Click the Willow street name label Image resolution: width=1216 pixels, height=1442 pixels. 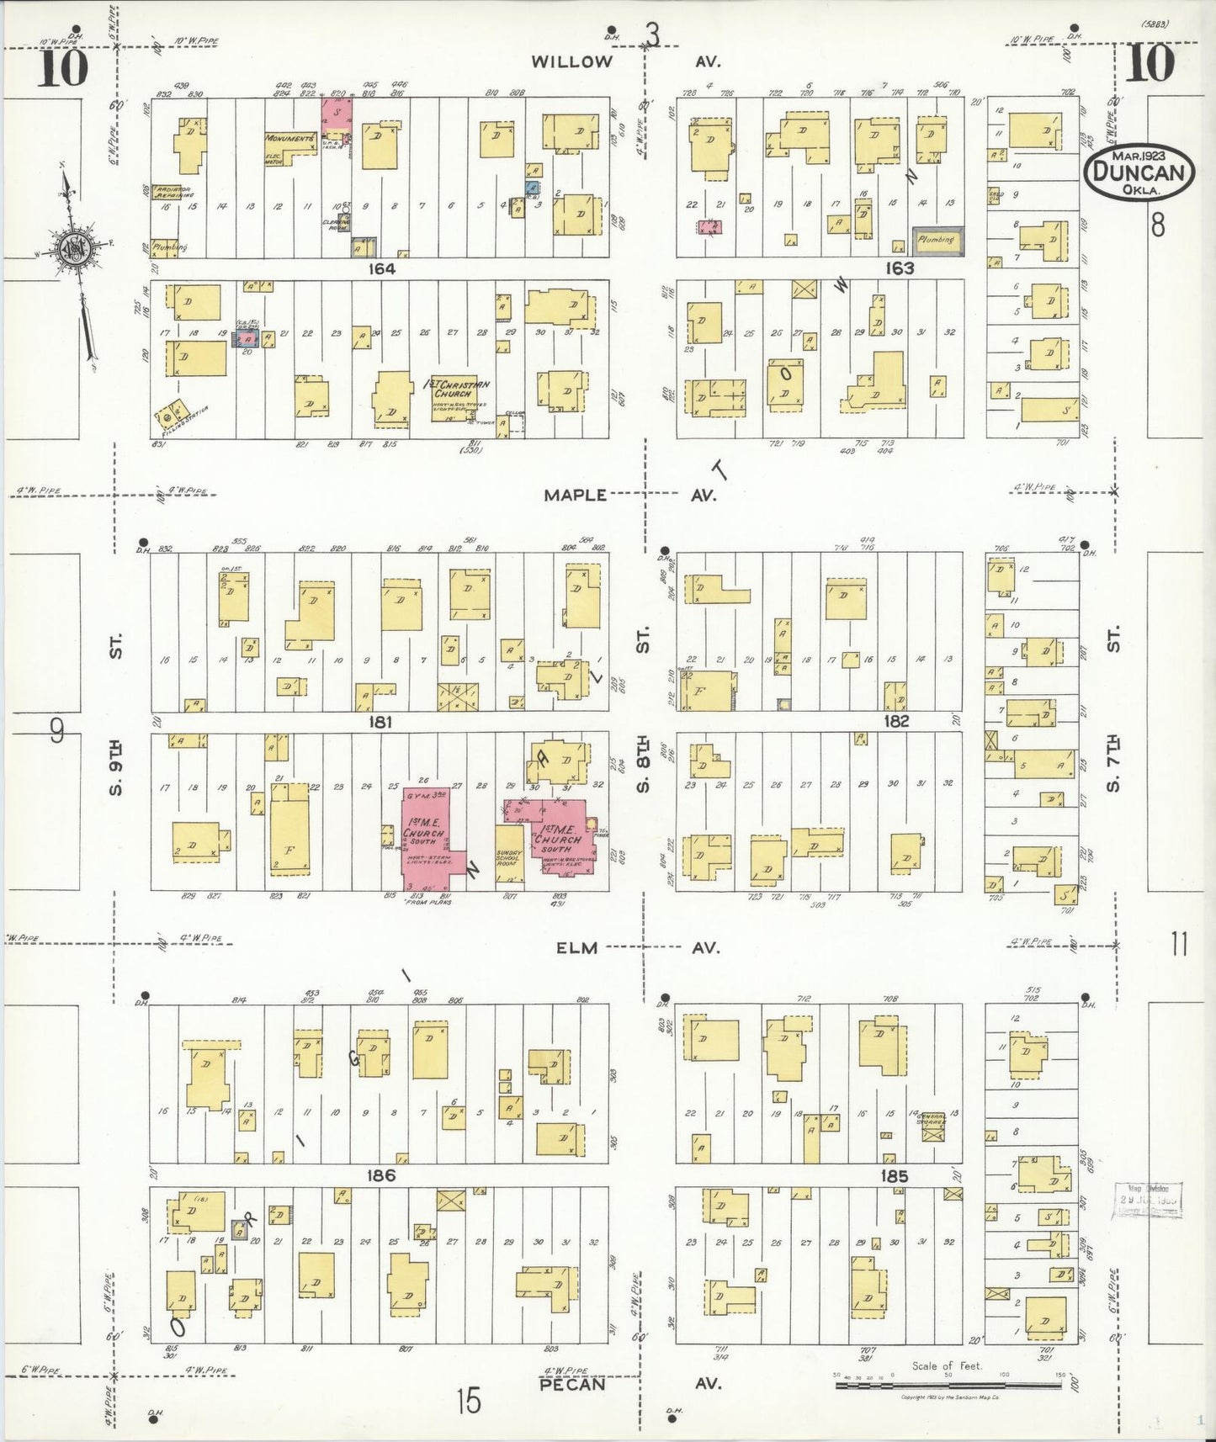[571, 61]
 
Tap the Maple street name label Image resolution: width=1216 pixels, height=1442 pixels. [575, 495]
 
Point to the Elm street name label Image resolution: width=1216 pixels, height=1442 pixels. [576, 947]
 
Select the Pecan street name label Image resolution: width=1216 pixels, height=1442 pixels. [572, 1384]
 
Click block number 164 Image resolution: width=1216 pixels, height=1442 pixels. [381, 268]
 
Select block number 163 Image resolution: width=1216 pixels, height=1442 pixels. [899, 268]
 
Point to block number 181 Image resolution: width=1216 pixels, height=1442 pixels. [380, 722]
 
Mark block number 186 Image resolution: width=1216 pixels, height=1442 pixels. [380, 1175]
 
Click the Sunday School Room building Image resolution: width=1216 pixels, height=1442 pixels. [509, 858]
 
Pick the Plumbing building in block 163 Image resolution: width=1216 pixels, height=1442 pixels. [937, 240]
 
